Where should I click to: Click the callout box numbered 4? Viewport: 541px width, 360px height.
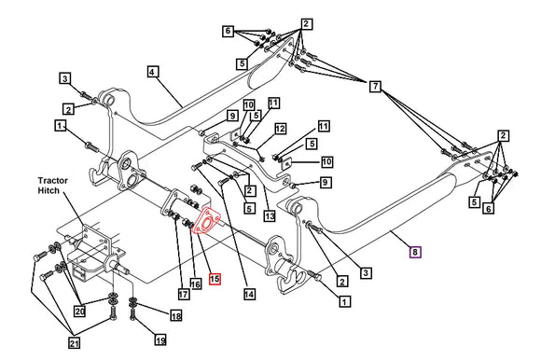(x=152, y=70)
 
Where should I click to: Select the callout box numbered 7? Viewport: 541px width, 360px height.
(x=375, y=87)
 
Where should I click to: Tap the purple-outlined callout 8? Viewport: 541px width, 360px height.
(x=416, y=251)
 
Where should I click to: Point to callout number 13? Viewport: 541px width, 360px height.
(x=270, y=215)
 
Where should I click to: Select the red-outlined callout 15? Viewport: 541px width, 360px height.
(x=214, y=279)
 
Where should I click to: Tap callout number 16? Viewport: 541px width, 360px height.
(x=196, y=282)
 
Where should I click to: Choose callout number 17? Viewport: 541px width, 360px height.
(x=183, y=295)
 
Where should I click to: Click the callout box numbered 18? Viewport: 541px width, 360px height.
(x=174, y=316)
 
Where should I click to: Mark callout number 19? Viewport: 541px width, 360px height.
(x=160, y=340)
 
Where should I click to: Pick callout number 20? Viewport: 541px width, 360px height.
(x=79, y=312)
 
